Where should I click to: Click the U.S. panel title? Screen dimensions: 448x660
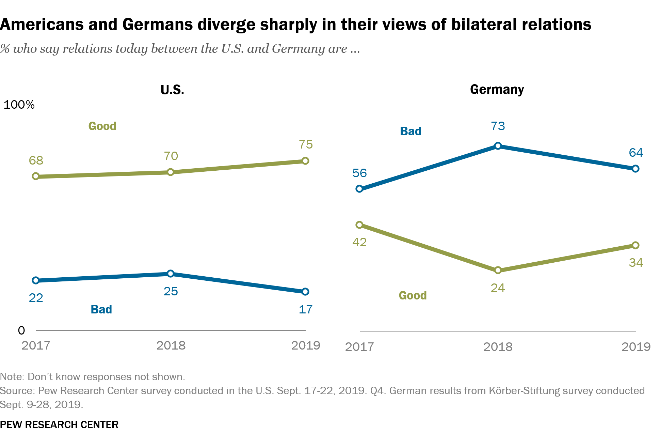[x=172, y=90]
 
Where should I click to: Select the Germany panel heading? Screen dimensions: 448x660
[x=497, y=89]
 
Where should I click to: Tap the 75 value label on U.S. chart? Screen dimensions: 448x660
[x=306, y=144]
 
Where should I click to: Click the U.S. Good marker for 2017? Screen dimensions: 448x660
[x=36, y=176]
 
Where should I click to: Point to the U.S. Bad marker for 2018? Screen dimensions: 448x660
[x=171, y=274]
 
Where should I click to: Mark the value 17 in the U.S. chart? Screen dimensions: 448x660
[x=305, y=309]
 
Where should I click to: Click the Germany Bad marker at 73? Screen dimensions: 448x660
[x=498, y=146]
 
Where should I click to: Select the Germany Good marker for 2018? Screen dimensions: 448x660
[x=498, y=270]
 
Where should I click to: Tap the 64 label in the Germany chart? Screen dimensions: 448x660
[x=636, y=153]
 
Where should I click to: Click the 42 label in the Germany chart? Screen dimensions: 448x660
[x=359, y=242]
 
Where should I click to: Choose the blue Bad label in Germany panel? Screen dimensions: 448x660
[x=411, y=131]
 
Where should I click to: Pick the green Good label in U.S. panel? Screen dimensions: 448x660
[x=102, y=126]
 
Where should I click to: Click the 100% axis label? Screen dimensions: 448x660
[x=19, y=105]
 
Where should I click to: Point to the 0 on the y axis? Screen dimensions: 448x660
[x=21, y=330]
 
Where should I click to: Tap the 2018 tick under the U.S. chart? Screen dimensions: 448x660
[x=171, y=345]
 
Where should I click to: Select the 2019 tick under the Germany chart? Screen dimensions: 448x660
[x=636, y=347]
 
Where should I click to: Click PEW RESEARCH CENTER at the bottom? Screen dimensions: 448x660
[x=59, y=424]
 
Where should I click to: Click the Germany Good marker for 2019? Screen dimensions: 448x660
[x=635, y=245]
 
